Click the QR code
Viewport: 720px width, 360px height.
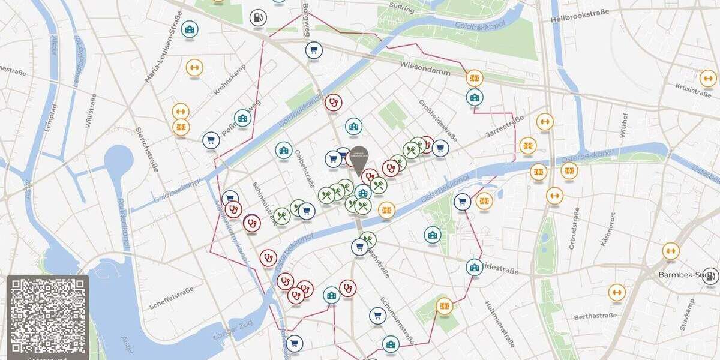pos(47,315)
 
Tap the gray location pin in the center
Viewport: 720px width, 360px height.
pos(359,158)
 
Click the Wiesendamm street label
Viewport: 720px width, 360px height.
pos(424,65)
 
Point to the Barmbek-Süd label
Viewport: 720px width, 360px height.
pos(680,274)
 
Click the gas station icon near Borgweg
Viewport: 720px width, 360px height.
pos(258,18)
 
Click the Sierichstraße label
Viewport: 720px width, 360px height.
pos(147,149)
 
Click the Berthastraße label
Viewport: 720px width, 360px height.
pos(595,316)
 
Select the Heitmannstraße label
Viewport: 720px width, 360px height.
pos(499,324)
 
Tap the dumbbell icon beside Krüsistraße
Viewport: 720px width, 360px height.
pos(708,78)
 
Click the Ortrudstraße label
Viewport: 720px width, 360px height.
pos(575,228)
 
